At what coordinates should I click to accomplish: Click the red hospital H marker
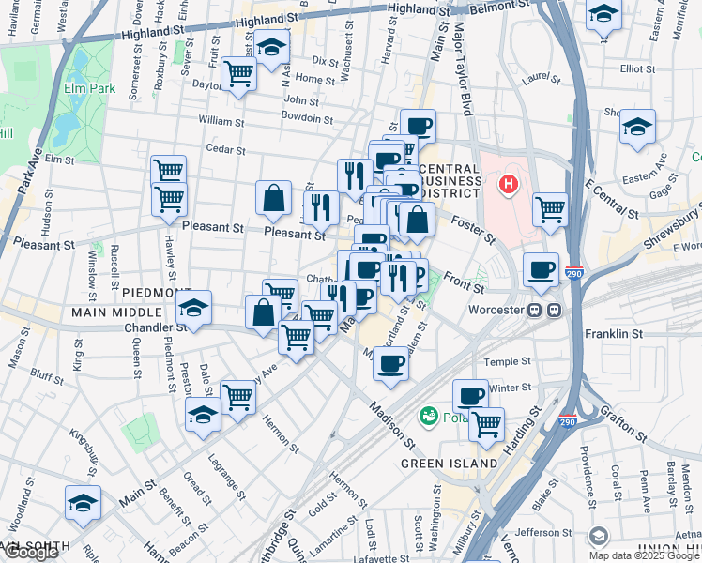[x=509, y=185]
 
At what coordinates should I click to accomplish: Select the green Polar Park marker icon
[x=429, y=414]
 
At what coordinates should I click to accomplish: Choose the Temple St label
[x=507, y=361]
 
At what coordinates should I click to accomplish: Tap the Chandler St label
[x=155, y=328]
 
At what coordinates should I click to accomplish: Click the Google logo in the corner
[x=30, y=552]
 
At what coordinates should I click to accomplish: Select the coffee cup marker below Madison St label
[x=390, y=364]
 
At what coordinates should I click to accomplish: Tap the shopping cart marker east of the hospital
[x=550, y=209]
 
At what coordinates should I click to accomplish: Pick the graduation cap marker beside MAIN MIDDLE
[x=192, y=308]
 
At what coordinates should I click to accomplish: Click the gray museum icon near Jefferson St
[x=598, y=536]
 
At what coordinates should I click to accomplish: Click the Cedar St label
[x=225, y=149]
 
